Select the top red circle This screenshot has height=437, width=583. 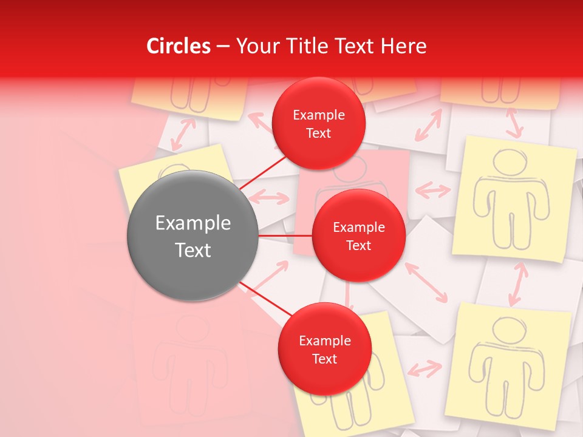click(x=318, y=123)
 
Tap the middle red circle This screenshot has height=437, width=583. click(x=358, y=235)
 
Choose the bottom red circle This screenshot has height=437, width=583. click(x=324, y=349)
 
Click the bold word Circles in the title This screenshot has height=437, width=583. click(x=178, y=46)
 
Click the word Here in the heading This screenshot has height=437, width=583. click(x=403, y=46)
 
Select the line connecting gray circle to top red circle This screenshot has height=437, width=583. click(x=264, y=172)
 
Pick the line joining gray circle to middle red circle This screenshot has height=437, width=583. click(x=285, y=235)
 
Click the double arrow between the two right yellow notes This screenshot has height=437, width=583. click(x=517, y=283)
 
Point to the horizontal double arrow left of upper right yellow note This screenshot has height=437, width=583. click(x=433, y=191)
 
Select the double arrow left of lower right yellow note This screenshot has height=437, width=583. click(x=424, y=368)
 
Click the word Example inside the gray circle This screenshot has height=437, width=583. click(x=193, y=223)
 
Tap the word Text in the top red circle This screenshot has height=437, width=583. click(x=318, y=133)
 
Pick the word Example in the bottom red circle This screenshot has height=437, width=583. click(x=324, y=340)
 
